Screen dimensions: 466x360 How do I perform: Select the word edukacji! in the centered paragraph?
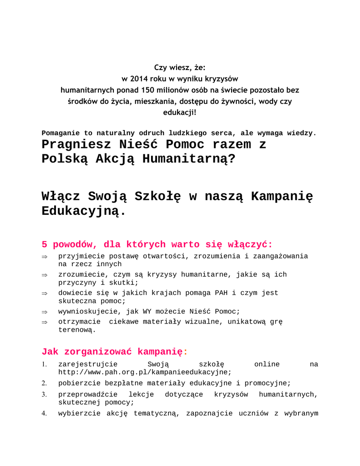(x=180, y=112)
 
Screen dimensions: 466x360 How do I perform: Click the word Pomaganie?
(x=61, y=133)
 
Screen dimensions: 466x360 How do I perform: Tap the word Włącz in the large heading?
(x=61, y=197)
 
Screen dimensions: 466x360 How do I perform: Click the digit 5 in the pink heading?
(x=45, y=244)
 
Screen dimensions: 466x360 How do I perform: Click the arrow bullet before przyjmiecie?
(x=45, y=257)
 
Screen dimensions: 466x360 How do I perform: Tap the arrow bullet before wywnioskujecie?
(x=45, y=312)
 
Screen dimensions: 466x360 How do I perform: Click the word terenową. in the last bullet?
(x=77, y=330)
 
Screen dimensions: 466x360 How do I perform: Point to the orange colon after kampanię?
(x=185, y=352)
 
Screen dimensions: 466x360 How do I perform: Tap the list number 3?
(x=44, y=395)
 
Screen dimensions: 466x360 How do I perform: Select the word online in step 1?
(x=267, y=365)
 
